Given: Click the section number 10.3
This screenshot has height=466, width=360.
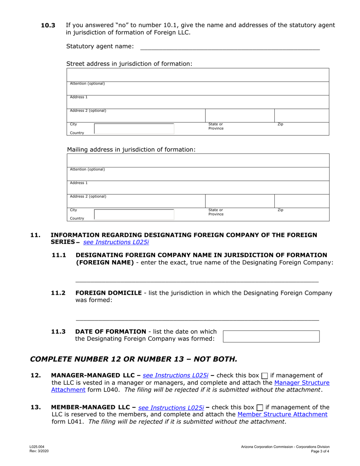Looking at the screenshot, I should tap(48, 25).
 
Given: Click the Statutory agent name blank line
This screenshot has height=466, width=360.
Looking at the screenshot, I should tap(230, 47).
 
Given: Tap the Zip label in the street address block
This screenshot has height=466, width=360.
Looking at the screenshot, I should tap(280, 124).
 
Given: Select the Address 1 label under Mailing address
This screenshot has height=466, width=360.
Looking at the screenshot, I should tap(78, 183).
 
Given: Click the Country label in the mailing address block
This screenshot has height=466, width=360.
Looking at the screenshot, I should tap(77, 219).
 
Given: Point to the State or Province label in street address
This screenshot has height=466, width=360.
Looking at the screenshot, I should tap(216, 126).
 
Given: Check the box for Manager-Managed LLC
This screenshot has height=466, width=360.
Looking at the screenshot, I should tap(265, 376).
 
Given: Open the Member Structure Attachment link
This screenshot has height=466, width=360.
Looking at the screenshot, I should tap(282, 414).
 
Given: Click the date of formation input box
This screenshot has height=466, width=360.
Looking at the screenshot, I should tap(271, 336).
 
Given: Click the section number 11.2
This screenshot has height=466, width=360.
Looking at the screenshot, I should tap(58, 293).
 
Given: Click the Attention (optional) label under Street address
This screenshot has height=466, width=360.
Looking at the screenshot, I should tap(87, 83).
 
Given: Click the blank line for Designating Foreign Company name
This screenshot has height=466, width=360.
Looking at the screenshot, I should tap(197, 281).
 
